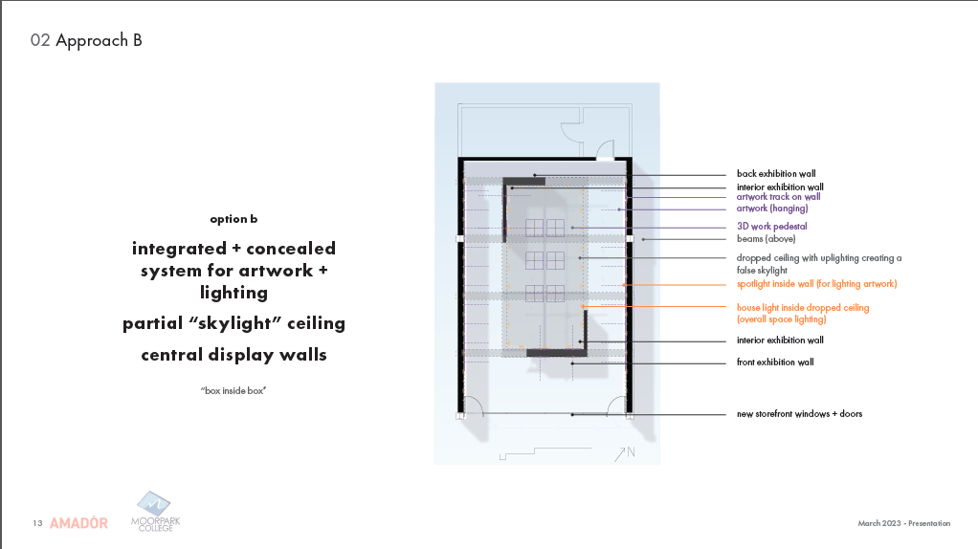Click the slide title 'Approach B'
99,40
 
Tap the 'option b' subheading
233,219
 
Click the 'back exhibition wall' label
775,174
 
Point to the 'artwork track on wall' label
778,197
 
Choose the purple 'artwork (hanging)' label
771,209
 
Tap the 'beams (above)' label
766,238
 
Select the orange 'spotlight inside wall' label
816,284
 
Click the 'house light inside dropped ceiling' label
802,308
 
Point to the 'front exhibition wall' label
775,362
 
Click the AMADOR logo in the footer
78,523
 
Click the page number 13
36,523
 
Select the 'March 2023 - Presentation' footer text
904,523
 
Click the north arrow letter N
631,452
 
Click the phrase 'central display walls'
233,355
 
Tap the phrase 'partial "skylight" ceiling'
233,323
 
